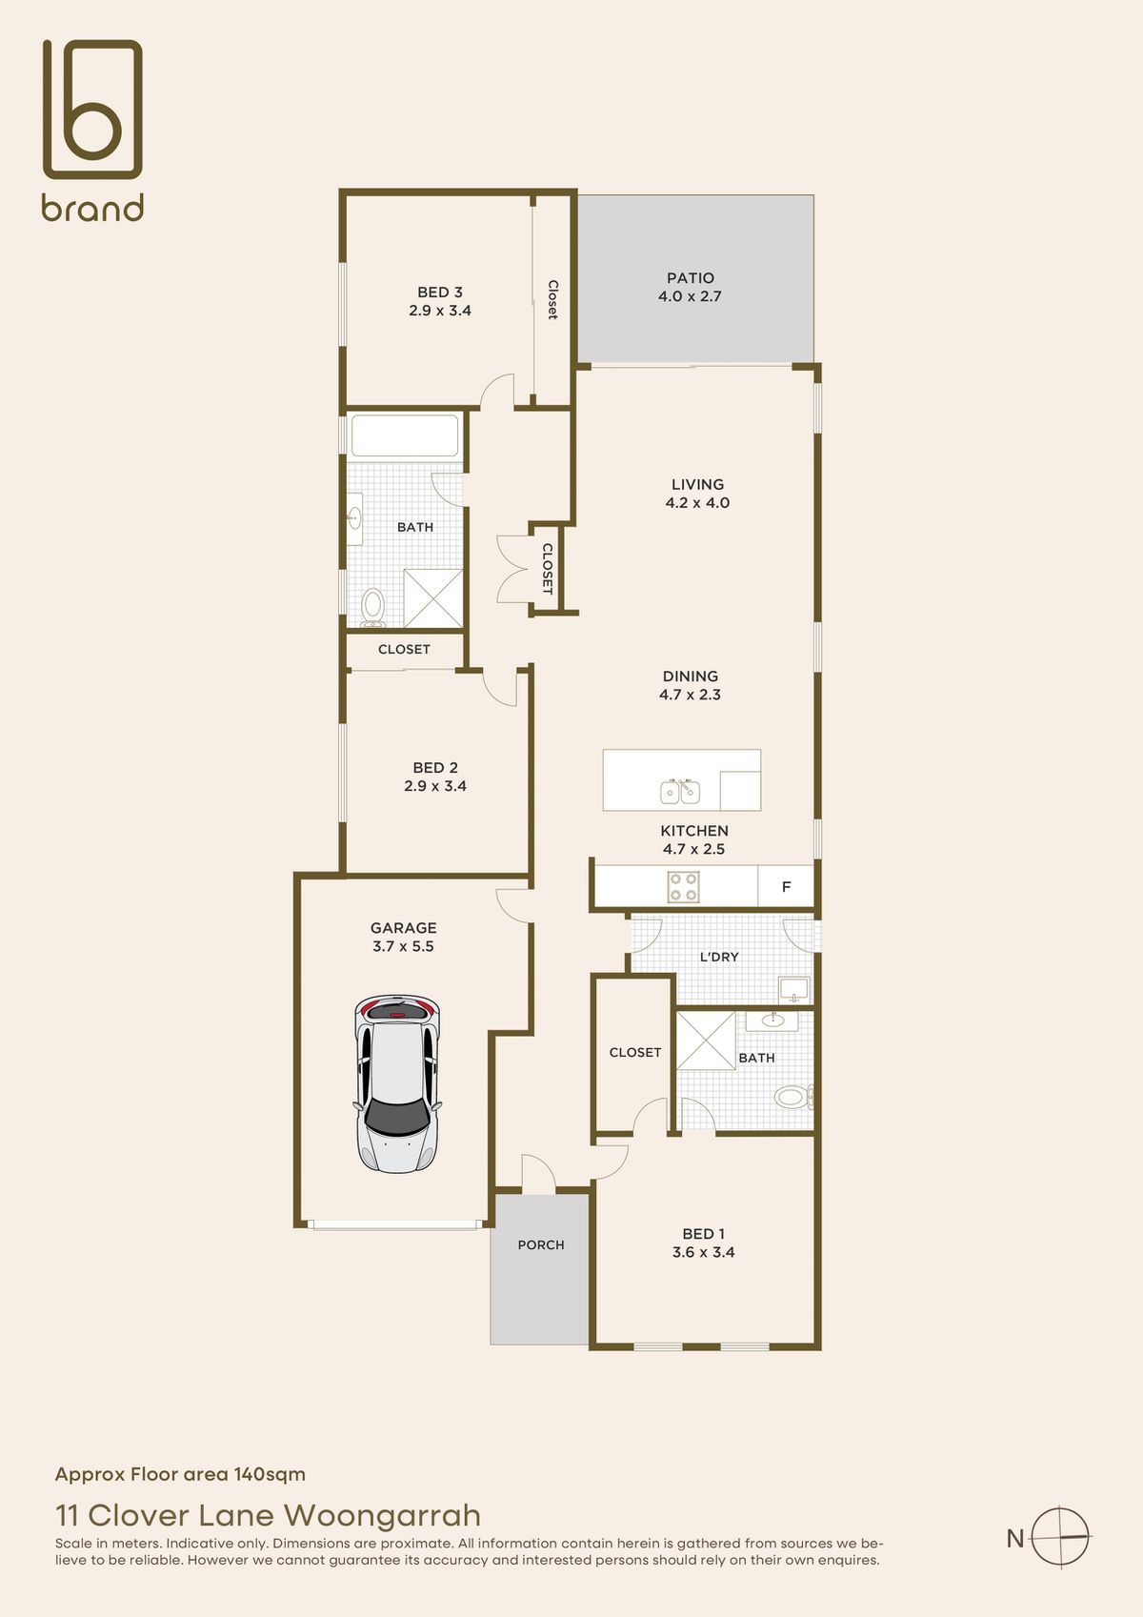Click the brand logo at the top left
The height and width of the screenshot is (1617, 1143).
click(92, 130)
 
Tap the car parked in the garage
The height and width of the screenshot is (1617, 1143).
click(397, 1083)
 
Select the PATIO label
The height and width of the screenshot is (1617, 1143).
click(691, 278)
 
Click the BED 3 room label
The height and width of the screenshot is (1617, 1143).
click(439, 292)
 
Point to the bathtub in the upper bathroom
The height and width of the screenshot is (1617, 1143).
click(405, 435)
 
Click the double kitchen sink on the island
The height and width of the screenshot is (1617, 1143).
click(680, 792)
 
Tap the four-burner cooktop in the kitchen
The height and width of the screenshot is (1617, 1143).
click(683, 887)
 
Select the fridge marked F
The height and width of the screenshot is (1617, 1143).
click(786, 886)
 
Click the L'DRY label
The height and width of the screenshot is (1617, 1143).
click(719, 957)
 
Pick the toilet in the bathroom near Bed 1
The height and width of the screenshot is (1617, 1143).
click(793, 1098)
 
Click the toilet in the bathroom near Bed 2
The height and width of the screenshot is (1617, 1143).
click(372, 606)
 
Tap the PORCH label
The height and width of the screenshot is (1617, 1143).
click(540, 1244)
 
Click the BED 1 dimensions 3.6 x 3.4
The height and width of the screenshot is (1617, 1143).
click(704, 1252)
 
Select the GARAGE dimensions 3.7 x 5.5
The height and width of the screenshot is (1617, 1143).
click(403, 946)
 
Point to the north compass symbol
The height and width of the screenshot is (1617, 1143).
click(1059, 1537)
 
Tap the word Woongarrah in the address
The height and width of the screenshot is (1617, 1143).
click(382, 1515)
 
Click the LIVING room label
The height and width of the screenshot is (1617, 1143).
click(697, 484)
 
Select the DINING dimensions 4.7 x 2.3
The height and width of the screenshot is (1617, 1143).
click(690, 695)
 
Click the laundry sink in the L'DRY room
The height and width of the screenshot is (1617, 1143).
click(793, 988)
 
